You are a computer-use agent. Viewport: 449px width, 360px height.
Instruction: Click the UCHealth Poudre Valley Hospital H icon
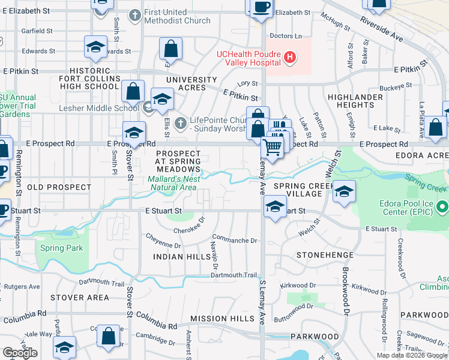(x=290, y=57)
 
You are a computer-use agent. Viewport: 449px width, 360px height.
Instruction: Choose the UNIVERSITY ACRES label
(x=191, y=84)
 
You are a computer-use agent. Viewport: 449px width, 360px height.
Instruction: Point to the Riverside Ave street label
(x=382, y=27)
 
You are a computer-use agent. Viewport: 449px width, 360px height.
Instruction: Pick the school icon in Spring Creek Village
(x=344, y=191)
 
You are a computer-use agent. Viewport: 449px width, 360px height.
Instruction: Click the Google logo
(x=20, y=353)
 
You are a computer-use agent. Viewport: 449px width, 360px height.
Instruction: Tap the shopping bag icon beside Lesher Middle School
(x=133, y=92)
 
